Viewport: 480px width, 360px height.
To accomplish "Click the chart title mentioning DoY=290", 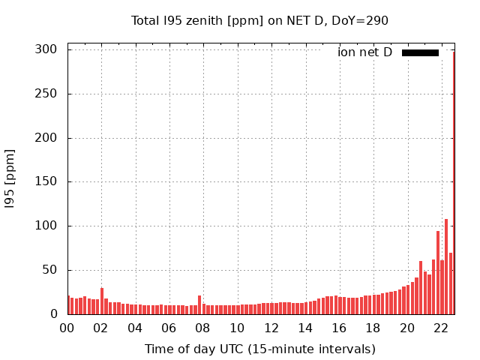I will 259,20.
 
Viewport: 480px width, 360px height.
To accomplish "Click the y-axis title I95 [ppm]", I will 10,178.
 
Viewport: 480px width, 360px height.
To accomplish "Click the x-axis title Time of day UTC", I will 259,349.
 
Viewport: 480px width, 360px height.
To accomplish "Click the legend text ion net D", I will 364,52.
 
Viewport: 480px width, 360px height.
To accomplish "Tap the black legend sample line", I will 420,52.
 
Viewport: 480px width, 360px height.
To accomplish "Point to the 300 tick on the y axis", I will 46,49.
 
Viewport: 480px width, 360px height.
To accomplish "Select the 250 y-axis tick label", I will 46,94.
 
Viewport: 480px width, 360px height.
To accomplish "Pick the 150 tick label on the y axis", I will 46,181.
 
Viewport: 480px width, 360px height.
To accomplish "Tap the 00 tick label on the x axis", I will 67,328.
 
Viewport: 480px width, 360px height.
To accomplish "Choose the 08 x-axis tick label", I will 203,328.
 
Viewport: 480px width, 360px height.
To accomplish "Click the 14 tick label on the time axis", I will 305,328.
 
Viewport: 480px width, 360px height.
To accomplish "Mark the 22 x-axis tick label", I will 442,328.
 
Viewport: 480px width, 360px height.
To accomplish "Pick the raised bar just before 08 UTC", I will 199,305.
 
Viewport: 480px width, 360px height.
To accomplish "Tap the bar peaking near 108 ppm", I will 446,267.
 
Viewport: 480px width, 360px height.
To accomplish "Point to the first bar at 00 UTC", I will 68,305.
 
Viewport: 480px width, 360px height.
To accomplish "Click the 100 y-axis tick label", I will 46,226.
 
